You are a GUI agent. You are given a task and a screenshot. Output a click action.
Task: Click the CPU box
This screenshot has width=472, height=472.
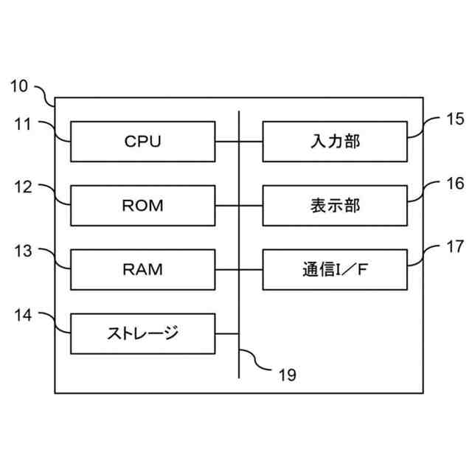point(142,141)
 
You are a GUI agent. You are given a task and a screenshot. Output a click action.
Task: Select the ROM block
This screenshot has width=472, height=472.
point(142,205)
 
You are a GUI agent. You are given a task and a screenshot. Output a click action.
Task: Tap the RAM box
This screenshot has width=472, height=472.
point(142,269)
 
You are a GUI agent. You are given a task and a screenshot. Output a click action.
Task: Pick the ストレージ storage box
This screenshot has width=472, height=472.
point(142,333)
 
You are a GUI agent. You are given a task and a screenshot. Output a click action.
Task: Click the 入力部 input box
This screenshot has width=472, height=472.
point(334,141)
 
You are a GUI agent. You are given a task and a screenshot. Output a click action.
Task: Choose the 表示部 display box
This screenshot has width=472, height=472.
point(334,205)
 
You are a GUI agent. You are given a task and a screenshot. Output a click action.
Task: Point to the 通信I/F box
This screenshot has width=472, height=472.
point(334,269)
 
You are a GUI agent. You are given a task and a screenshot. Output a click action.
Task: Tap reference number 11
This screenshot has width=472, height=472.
point(24,124)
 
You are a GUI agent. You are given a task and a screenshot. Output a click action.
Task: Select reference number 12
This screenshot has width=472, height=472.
point(24,187)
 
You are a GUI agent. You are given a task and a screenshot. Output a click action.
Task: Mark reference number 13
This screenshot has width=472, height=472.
point(24,251)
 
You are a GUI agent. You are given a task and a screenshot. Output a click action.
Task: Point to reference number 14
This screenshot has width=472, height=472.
point(24,316)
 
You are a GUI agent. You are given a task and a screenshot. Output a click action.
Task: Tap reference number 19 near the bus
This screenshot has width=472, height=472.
point(287,375)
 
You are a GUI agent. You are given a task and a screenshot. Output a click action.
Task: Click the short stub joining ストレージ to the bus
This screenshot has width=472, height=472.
point(227,333)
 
